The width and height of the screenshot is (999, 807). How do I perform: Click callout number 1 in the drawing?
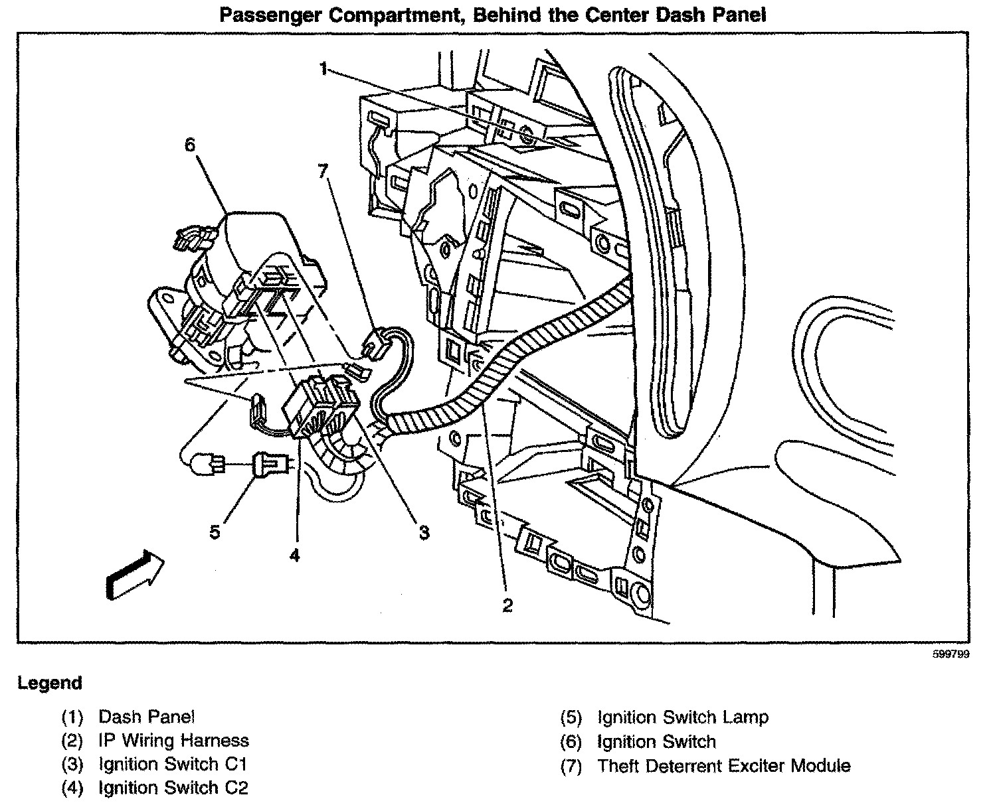(x=323, y=68)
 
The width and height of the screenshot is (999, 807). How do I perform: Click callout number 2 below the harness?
(x=507, y=605)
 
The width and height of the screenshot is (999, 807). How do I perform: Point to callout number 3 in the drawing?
(x=424, y=532)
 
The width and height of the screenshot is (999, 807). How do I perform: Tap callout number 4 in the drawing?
(x=294, y=554)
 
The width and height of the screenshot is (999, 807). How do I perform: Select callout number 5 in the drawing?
(x=215, y=532)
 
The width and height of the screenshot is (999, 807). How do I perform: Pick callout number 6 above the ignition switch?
(x=191, y=145)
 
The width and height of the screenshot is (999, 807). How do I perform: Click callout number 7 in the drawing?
(x=323, y=171)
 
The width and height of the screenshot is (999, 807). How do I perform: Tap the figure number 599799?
(x=951, y=654)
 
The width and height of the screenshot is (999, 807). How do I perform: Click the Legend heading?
(x=50, y=683)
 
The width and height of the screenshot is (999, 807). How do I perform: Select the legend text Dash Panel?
(x=147, y=717)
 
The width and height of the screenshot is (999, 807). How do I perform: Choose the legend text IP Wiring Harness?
(x=173, y=740)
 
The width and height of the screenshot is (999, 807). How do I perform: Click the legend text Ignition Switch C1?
(x=173, y=764)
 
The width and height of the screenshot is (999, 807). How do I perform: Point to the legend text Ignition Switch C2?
(x=173, y=788)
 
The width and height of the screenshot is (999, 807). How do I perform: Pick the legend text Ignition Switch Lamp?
(x=683, y=717)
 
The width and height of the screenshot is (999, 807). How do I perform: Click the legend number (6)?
(x=571, y=741)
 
